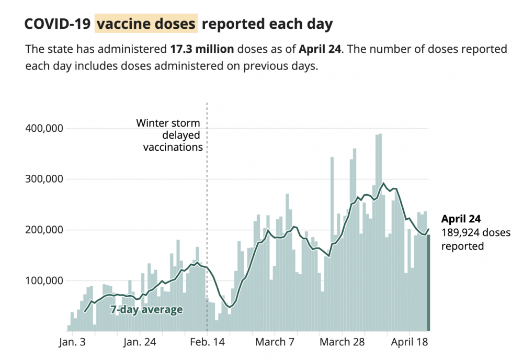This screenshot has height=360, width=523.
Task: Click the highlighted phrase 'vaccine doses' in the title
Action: tap(146, 24)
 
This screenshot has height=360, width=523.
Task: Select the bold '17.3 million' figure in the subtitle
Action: tap(202, 50)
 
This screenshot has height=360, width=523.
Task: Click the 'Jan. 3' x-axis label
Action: tap(73, 343)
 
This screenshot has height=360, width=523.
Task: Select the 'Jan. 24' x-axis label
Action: tap(140, 343)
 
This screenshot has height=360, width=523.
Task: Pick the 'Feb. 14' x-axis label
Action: tap(207, 343)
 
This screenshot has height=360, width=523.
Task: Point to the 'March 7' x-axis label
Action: tap(275, 343)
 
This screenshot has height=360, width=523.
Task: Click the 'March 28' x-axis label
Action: tap(342, 343)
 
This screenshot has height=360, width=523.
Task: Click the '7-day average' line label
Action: tap(146, 310)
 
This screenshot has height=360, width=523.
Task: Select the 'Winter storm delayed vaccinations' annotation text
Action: tap(169, 135)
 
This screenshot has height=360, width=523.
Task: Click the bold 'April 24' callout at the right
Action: tap(461, 219)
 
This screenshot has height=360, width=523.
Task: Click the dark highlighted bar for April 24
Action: tap(428, 283)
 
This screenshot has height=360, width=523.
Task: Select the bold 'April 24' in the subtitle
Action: tap(320, 50)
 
